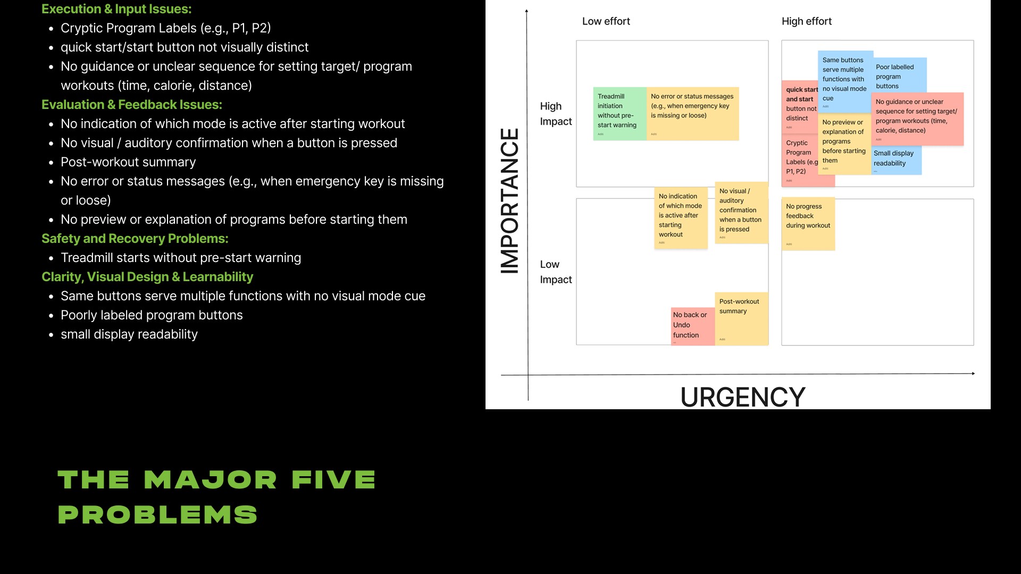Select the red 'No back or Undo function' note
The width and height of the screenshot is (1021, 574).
[x=692, y=326]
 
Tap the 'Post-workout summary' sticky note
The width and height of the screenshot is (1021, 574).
[x=741, y=318]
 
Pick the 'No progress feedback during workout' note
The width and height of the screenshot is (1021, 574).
[x=808, y=223]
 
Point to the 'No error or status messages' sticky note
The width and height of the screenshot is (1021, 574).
[x=692, y=113]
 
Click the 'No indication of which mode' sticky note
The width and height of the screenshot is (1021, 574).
[x=681, y=217]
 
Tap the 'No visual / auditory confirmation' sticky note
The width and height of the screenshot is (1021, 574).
[x=741, y=213]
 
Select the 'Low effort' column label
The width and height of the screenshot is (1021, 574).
[x=606, y=21]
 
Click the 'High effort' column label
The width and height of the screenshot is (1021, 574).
[x=806, y=21]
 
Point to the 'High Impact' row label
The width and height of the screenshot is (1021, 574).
[x=556, y=114]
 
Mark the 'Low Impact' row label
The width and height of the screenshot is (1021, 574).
[x=556, y=272]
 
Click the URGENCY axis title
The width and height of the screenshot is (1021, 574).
[x=743, y=397]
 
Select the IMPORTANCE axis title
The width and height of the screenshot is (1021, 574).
[x=510, y=201]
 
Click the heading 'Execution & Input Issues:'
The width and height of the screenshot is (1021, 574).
[x=116, y=9]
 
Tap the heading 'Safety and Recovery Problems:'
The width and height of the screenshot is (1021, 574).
[x=135, y=239]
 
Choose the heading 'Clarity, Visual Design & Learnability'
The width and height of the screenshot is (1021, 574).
[x=147, y=277]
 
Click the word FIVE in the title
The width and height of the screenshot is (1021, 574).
[x=333, y=479]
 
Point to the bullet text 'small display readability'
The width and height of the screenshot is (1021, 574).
[x=129, y=334]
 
